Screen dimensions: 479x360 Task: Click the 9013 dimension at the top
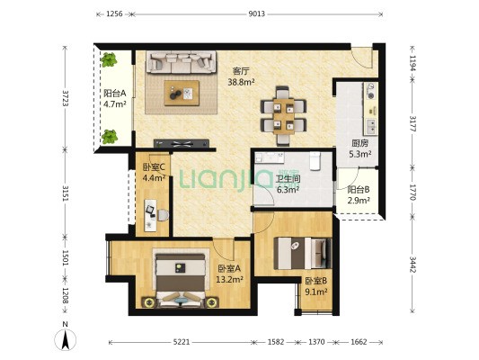pyautogui.click(x=256, y=13)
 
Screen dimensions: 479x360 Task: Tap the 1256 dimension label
pyautogui.click(x=114, y=13)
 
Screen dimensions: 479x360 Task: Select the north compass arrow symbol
pyautogui.click(x=65, y=339)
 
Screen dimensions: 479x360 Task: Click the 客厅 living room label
pyautogui.click(x=241, y=71)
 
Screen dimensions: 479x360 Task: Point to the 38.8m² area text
pyautogui.click(x=242, y=82)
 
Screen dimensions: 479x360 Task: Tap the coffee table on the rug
pyautogui.click(x=182, y=93)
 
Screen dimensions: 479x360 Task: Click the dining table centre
pyautogui.click(x=283, y=116)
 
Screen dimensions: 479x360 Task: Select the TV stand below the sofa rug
pyautogui.click(x=182, y=143)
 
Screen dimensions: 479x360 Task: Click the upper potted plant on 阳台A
pyautogui.click(x=109, y=59)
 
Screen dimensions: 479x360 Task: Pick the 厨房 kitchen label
pyautogui.click(x=359, y=143)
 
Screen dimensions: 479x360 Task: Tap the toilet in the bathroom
pyautogui.click(x=315, y=160)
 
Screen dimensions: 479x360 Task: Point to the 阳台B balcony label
pyautogui.click(x=359, y=190)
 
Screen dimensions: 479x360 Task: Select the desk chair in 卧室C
pyautogui.click(x=164, y=215)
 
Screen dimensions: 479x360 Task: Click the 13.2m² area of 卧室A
pyautogui.click(x=229, y=279)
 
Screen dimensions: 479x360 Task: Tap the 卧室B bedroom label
pyautogui.click(x=316, y=281)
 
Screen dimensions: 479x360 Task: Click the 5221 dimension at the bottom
pyautogui.click(x=182, y=342)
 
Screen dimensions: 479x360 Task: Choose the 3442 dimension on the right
pyautogui.click(x=412, y=265)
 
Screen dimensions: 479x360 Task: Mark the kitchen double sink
pyautogui.click(x=371, y=126)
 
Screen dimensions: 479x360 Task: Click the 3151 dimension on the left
pyautogui.click(x=65, y=193)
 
